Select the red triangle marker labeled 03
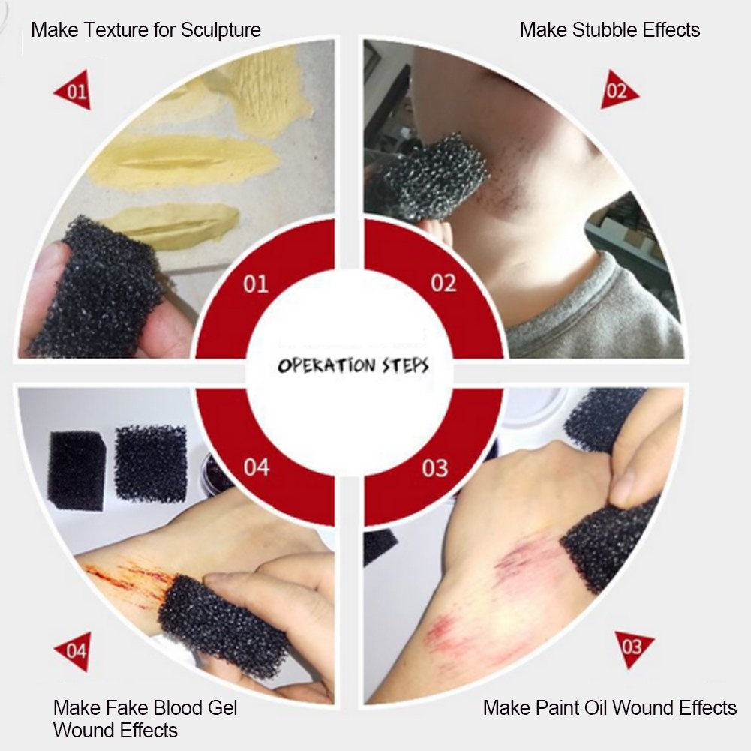(633, 647)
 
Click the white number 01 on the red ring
(255, 284)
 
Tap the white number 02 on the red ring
(443, 283)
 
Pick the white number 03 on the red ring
(435, 468)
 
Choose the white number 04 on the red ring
(257, 467)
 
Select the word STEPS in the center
(406, 366)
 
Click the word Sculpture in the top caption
(221, 30)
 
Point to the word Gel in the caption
(222, 708)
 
